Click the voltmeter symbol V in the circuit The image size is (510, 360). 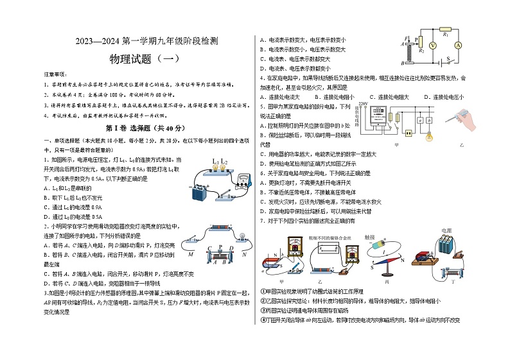pos(432,46)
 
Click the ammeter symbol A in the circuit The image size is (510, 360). pos(459,46)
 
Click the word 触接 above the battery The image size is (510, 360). pos(370,237)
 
